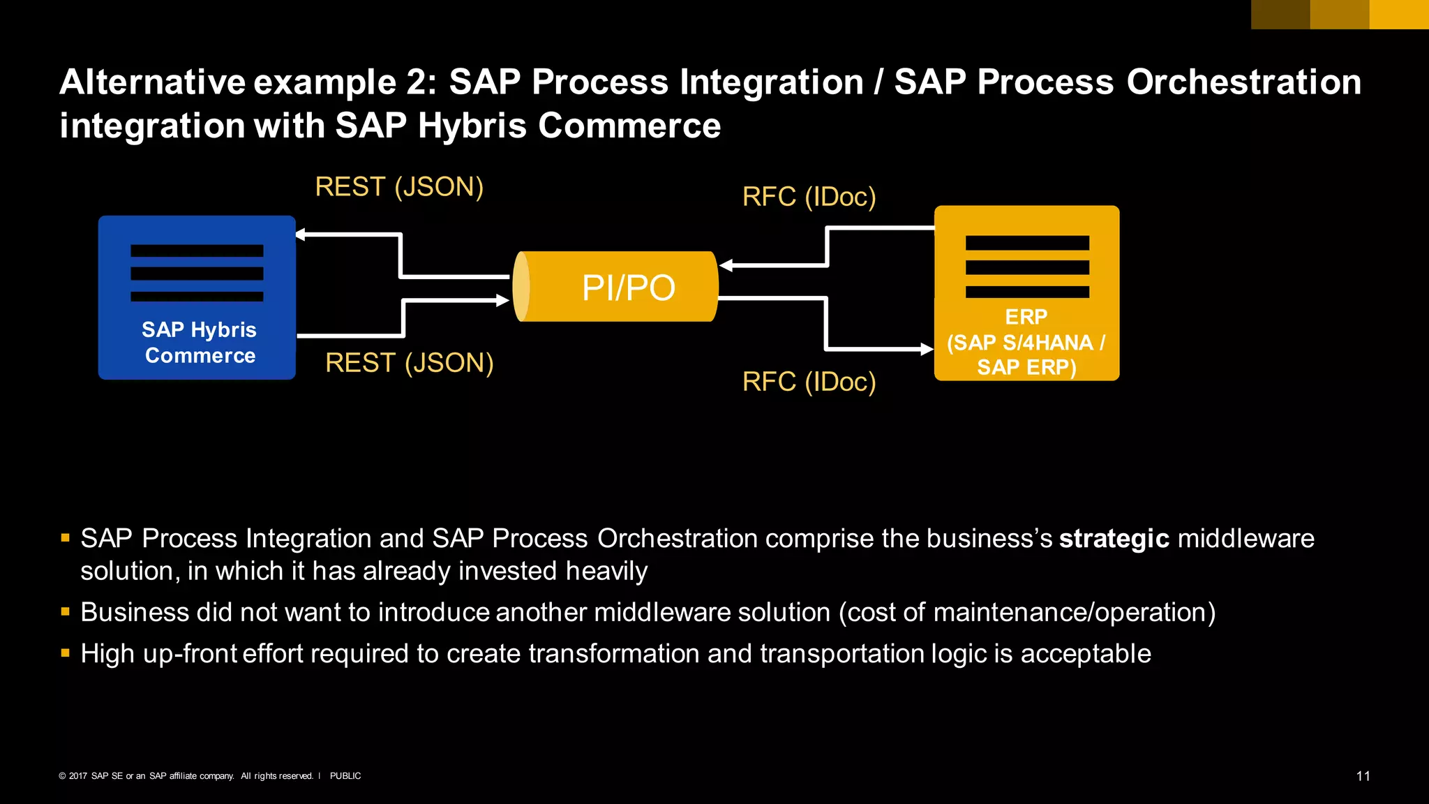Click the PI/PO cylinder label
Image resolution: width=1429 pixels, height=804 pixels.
click(x=628, y=288)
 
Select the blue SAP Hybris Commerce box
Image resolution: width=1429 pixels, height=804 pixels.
click(x=197, y=298)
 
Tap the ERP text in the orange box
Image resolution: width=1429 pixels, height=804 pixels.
click(x=1026, y=317)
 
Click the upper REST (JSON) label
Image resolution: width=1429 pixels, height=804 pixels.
click(x=399, y=187)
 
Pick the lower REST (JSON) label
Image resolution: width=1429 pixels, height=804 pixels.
click(x=410, y=363)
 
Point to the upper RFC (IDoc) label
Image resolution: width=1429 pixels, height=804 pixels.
click(x=809, y=197)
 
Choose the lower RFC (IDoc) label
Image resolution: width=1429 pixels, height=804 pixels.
click(x=809, y=382)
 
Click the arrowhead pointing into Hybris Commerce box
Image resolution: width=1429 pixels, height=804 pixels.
click(x=301, y=234)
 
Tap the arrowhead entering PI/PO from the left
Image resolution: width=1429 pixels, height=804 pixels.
click(x=502, y=301)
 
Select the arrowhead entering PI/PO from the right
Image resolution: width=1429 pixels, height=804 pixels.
click(x=726, y=265)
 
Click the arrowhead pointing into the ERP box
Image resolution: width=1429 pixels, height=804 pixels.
click(x=927, y=349)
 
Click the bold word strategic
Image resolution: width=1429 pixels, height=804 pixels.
click(x=1114, y=539)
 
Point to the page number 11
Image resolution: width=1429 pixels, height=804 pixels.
click(x=1363, y=776)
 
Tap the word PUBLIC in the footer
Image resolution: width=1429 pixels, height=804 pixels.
click(x=345, y=776)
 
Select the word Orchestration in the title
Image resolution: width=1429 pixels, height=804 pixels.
click(x=1243, y=82)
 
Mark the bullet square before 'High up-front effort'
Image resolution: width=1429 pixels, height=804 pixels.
click(x=66, y=653)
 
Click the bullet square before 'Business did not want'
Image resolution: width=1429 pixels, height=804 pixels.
click(x=66, y=612)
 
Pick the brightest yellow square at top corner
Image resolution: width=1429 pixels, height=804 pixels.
click(x=1399, y=14)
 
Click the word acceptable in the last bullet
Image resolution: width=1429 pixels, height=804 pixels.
click(x=1086, y=654)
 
